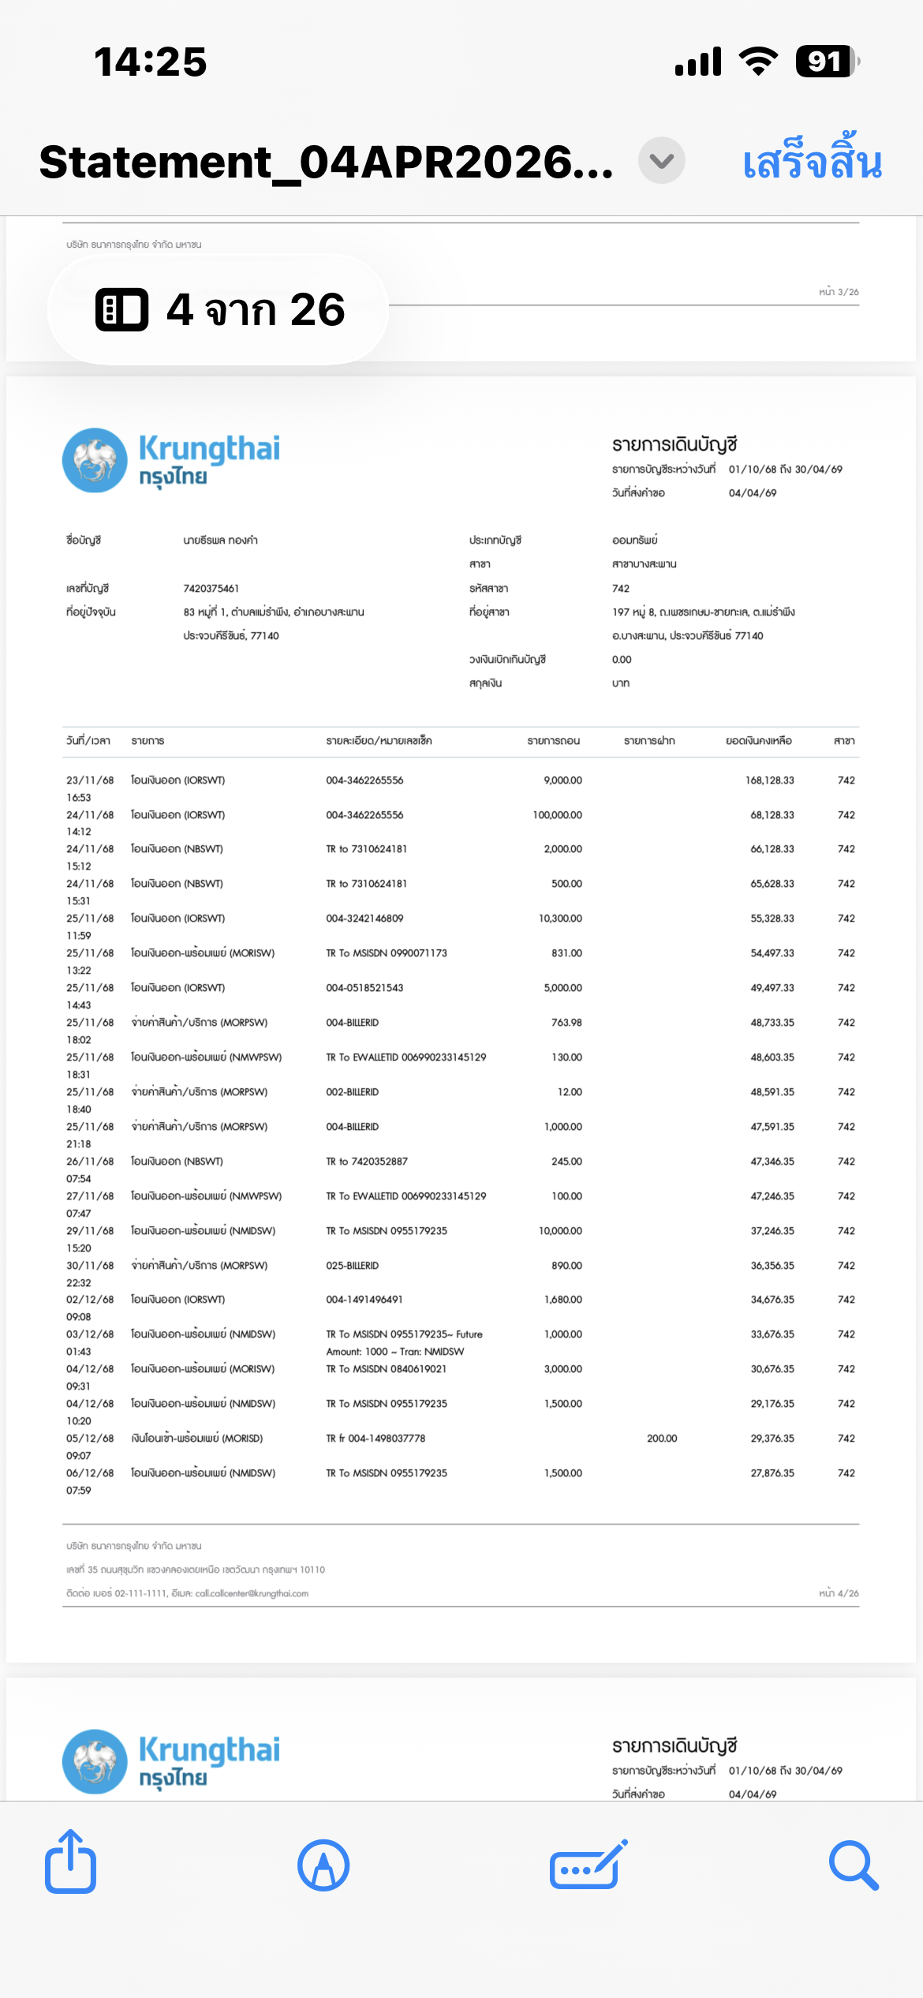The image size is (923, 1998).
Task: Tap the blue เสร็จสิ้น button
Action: point(812,163)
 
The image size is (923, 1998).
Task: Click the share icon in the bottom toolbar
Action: point(71,1862)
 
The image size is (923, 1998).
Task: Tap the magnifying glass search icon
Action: point(854,1865)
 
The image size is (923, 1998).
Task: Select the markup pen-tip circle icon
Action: point(323,1865)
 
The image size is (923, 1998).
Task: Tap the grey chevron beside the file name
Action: point(661,161)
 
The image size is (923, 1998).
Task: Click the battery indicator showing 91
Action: point(826,62)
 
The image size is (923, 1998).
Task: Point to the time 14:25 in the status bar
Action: point(150,62)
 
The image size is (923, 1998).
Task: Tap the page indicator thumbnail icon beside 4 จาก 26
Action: point(121,309)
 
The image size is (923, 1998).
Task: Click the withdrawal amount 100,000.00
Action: point(557,815)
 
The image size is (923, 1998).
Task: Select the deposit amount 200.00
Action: point(662,1439)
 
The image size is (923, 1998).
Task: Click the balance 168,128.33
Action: point(769,780)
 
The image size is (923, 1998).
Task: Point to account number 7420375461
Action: point(211,589)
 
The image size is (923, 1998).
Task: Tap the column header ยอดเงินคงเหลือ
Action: point(758,741)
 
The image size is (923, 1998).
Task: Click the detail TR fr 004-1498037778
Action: point(376,1439)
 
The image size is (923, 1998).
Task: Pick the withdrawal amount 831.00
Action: point(566,953)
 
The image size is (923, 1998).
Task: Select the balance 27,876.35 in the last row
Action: point(772,1473)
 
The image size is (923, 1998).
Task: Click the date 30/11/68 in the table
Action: point(90,1266)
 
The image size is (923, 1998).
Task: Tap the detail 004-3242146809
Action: point(364,919)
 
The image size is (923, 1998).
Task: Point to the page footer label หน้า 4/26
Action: point(839,1594)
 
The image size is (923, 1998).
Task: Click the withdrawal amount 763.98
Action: point(566,1023)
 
